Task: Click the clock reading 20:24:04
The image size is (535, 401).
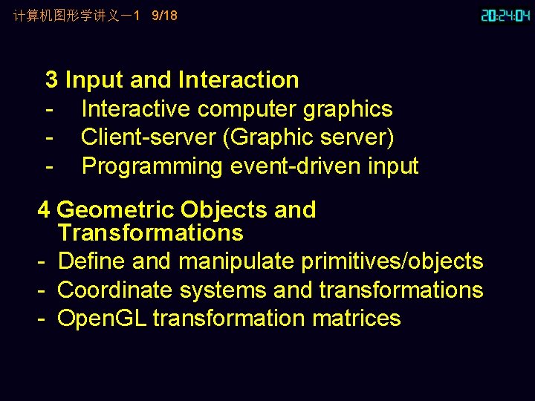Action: [x=505, y=16]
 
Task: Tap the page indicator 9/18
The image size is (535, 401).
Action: [x=164, y=15]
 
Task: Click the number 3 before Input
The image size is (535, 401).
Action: [x=52, y=79]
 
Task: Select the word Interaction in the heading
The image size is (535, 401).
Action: [x=239, y=79]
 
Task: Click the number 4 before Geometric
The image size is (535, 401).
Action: [x=44, y=210]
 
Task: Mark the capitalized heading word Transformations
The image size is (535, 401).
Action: [x=150, y=232]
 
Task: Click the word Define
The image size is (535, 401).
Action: [x=87, y=261]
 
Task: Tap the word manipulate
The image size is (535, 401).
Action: [x=237, y=261]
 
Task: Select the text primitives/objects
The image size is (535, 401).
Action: [x=392, y=261]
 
